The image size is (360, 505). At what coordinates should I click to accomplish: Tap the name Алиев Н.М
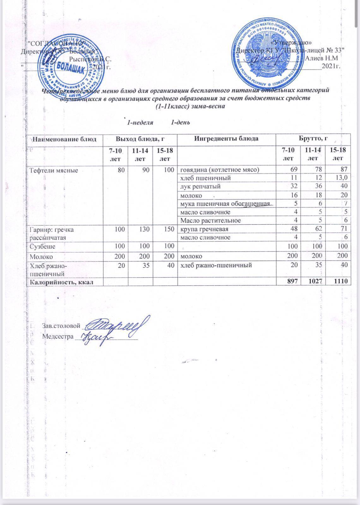tap(322, 58)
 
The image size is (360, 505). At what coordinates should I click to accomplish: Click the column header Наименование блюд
tap(65, 139)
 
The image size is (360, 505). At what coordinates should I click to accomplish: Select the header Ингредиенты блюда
tap(226, 139)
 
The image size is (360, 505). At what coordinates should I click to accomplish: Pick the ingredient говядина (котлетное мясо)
tap(219, 170)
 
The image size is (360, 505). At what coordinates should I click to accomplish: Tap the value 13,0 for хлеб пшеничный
tap(340, 178)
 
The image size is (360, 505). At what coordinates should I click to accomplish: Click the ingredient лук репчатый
tap(200, 187)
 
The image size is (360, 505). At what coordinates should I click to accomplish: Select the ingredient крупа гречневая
tap(204, 229)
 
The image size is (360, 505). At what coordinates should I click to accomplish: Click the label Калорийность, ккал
tap(62, 282)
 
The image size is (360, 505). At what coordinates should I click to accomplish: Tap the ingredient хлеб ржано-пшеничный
tap(216, 265)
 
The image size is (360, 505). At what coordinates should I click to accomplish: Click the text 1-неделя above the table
tap(140, 122)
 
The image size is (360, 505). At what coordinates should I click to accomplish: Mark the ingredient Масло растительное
tap(210, 220)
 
